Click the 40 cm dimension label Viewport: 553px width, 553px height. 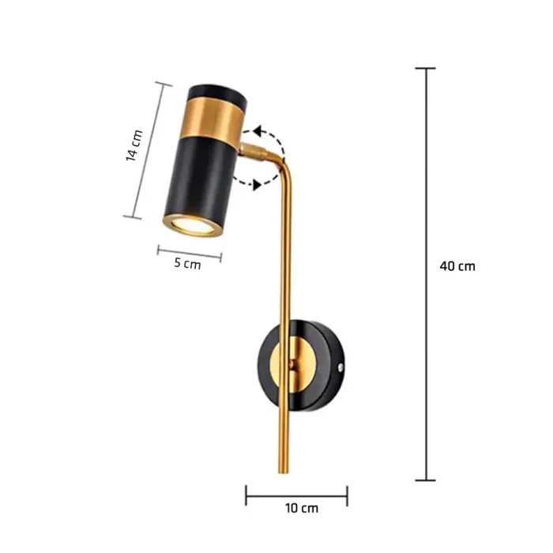click(457, 266)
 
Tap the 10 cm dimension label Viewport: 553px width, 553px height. click(302, 508)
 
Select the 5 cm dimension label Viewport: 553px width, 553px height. click(187, 263)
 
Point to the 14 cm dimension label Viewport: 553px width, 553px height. click(134, 145)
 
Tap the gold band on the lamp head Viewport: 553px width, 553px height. click(213, 118)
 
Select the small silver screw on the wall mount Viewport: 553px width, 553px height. click(340, 367)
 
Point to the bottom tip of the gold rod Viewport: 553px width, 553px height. click(283, 472)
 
